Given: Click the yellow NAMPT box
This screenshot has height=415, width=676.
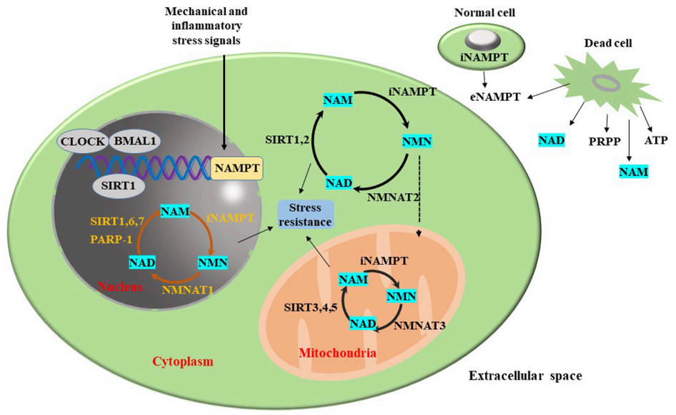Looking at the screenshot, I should [x=235, y=170].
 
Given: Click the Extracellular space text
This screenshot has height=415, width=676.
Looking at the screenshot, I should [x=527, y=375].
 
